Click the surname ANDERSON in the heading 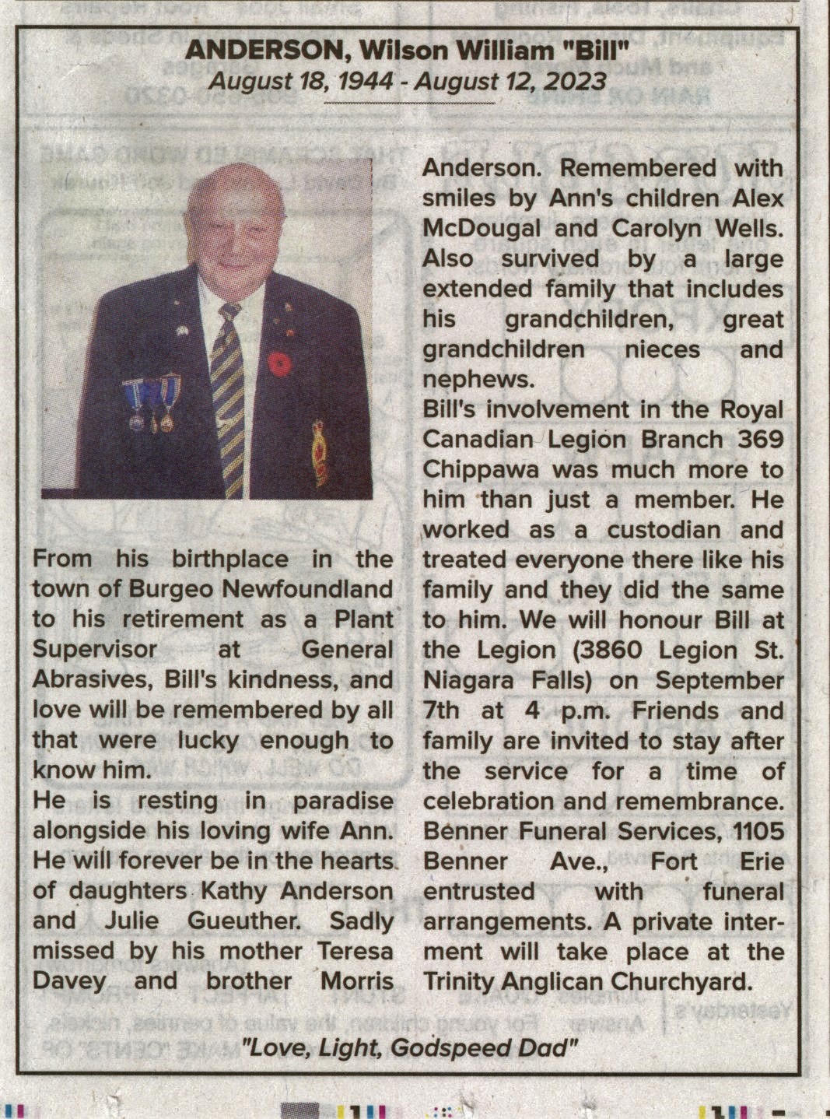[264, 51]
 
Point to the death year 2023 [575, 80]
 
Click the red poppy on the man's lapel [279, 363]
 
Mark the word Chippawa [482, 470]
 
